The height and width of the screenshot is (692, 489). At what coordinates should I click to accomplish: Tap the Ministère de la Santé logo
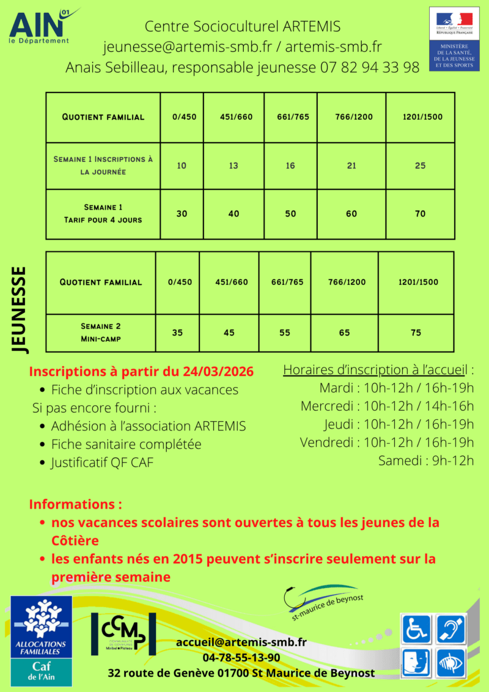(x=454, y=39)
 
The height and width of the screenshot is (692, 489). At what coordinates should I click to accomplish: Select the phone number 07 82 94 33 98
(x=370, y=67)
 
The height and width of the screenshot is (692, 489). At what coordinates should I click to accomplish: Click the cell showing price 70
(x=420, y=214)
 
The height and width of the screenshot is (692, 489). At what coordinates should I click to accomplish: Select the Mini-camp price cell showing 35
(x=177, y=333)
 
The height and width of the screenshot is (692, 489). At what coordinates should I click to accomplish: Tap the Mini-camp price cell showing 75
(x=416, y=333)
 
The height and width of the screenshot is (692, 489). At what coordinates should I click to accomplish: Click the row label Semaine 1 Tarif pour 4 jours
(x=103, y=213)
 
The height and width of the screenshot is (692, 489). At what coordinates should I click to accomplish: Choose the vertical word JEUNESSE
(x=20, y=309)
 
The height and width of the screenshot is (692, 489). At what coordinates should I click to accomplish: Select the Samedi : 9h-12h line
(x=426, y=460)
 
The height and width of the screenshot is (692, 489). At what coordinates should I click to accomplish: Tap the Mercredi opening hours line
(x=387, y=406)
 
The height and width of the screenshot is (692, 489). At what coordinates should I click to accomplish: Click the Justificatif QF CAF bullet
(x=102, y=463)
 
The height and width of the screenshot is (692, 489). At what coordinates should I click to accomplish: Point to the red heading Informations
(x=75, y=504)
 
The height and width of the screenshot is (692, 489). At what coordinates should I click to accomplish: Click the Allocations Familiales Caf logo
(x=41, y=642)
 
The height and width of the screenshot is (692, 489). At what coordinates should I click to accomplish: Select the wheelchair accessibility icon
(x=416, y=629)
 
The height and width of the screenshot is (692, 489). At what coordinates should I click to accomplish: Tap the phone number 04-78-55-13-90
(x=241, y=658)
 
